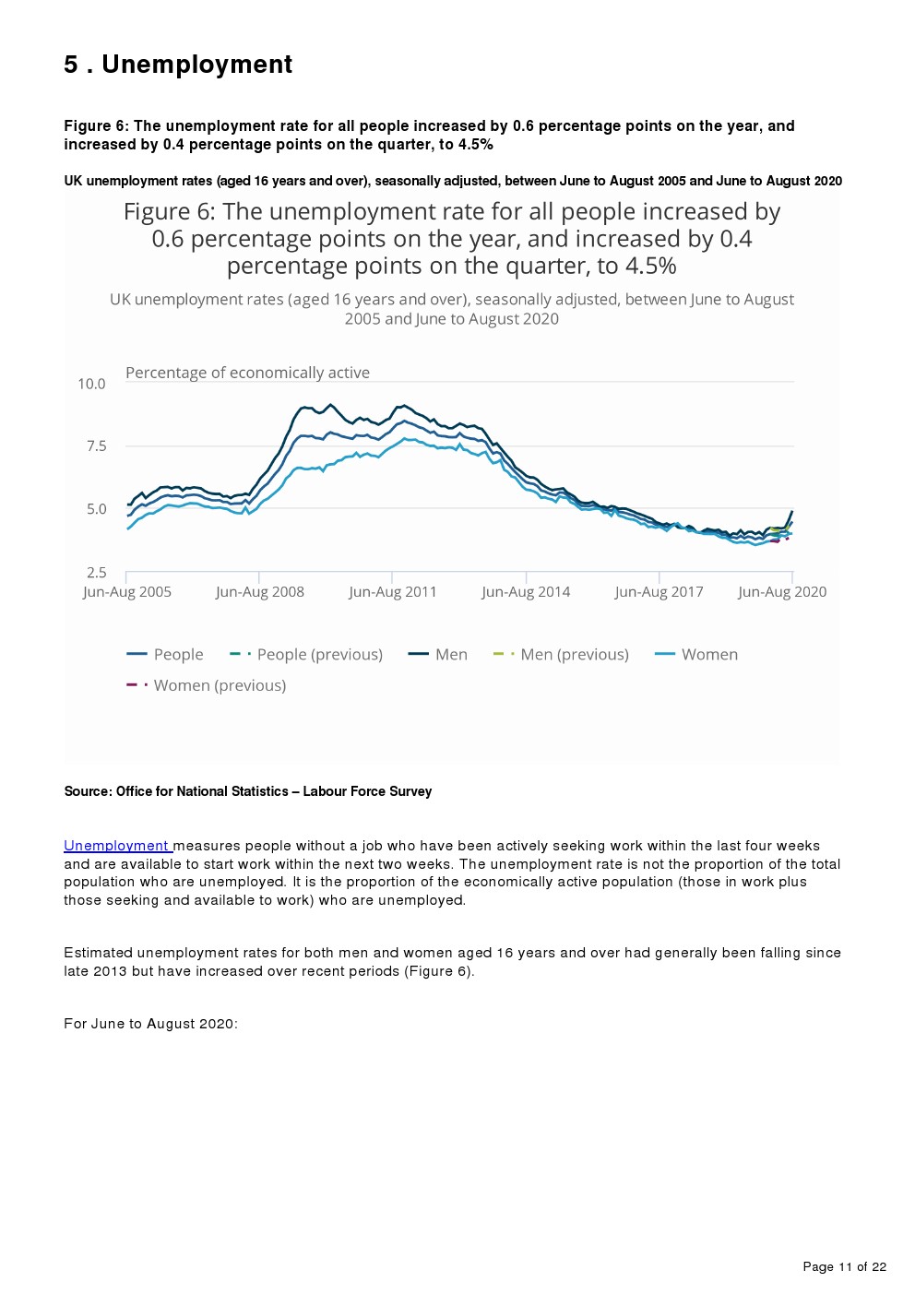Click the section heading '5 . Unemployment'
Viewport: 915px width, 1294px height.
178,65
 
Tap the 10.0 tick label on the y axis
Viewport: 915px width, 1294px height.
91,384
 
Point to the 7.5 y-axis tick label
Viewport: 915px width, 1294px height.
96,446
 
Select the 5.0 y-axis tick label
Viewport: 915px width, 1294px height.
96,509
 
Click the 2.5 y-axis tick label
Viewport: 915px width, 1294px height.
96,573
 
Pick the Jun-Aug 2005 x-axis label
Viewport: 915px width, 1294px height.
127,592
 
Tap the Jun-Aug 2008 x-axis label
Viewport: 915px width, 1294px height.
260,592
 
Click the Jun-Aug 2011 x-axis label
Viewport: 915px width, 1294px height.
393,592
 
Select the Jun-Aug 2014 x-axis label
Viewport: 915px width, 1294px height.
526,592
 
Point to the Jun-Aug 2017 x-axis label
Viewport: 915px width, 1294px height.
659,592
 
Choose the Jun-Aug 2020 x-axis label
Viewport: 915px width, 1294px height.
782,592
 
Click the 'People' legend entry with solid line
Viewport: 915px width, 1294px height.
166,655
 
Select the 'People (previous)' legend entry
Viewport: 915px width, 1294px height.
307,655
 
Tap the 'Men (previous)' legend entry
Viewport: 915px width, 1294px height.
562,655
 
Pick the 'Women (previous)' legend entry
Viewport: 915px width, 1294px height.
208,686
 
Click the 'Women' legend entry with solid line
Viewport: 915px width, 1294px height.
696,655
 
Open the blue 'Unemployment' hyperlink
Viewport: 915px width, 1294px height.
117,846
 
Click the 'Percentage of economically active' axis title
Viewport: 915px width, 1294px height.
247,373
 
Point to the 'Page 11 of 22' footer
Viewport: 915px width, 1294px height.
844,1266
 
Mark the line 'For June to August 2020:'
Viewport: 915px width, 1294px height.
150,1024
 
